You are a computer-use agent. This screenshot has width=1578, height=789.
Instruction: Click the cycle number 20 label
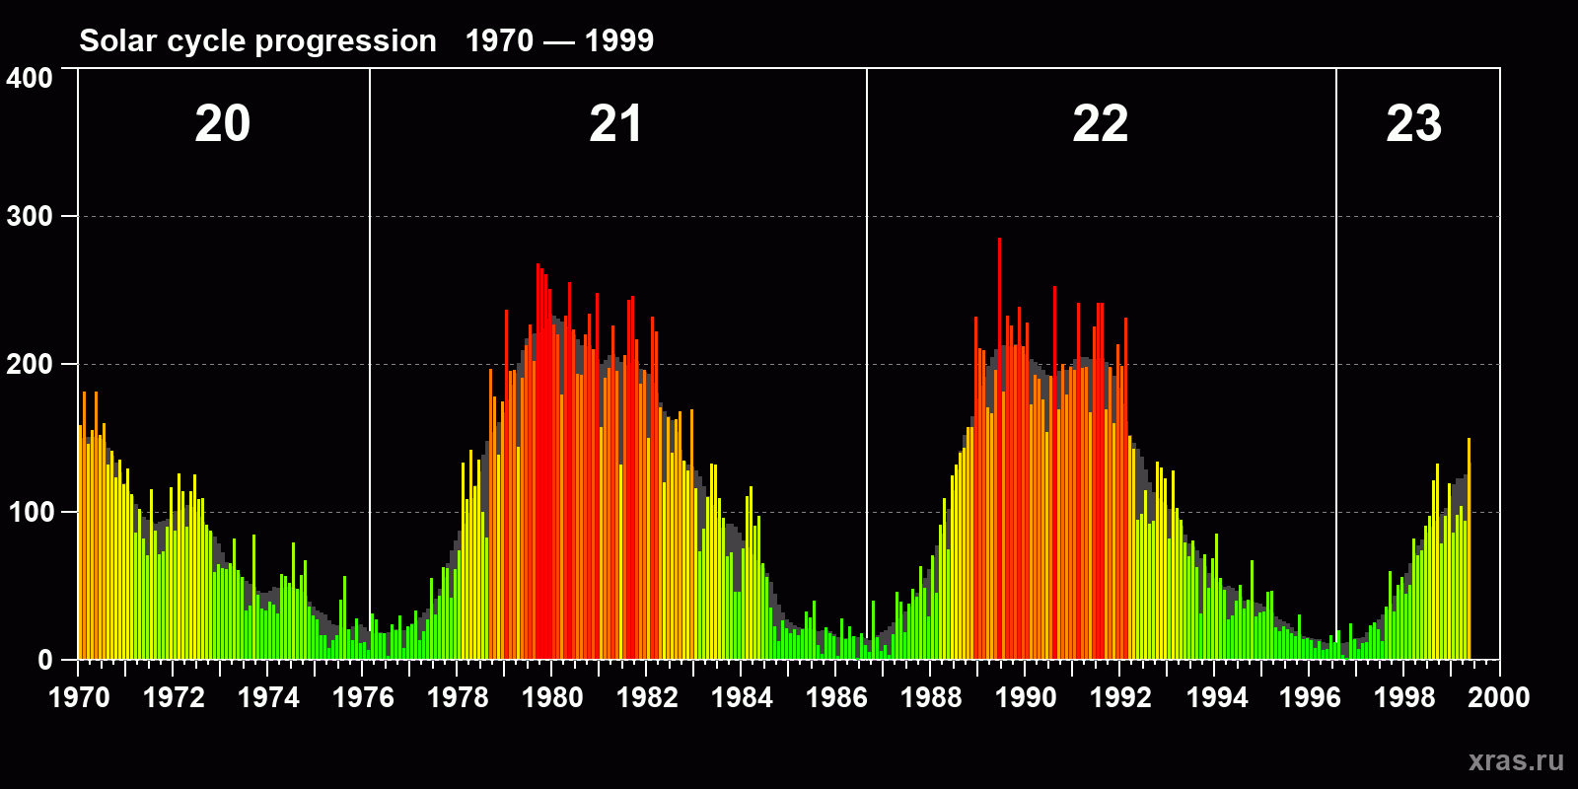click(x=223, y=124)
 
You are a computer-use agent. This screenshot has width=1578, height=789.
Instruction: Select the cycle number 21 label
click(x=615, y=124)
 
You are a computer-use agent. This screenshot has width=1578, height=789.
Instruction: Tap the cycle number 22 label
click(x=1100, y=124)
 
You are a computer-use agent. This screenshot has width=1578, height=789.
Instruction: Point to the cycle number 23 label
click(x=1413, y=124)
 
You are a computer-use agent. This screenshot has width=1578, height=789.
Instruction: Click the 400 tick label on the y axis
click(x=30, y=78)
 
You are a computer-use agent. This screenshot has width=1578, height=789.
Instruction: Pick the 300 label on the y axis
click(x=30, y=216)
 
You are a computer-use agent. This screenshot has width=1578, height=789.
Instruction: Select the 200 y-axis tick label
click(x=30, y=364)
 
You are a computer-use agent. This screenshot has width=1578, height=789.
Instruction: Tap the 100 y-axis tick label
click(x=30, y=512)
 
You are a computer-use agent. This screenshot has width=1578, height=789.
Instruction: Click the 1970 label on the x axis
click(x=79, y=697)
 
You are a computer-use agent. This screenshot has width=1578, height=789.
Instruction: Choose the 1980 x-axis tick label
click(x=552, y=697)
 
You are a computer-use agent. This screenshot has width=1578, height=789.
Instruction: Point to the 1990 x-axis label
click(x=1026, y=697)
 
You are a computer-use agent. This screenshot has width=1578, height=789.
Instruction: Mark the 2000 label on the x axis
click(x=1499, y=697)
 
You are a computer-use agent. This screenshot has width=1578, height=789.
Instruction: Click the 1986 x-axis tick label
click(x=836, y=697)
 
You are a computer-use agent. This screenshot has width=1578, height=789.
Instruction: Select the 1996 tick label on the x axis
click(x=1310, y=697)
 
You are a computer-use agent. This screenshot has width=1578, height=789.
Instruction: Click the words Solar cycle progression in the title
click(x=257, y=40)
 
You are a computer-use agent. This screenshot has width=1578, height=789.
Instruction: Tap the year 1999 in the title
click(x=619, y=40)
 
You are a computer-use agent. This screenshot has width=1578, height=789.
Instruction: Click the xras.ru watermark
click(x=1516, y=760)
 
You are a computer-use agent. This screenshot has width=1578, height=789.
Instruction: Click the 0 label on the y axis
click(x=45, y=660)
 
